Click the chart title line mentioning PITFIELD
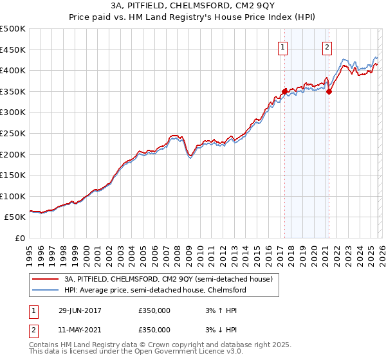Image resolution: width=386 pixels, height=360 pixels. (x=192, y=6)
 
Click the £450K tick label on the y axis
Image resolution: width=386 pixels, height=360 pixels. (x=13, y=50)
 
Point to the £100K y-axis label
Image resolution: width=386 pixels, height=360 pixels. (x=13, y=197)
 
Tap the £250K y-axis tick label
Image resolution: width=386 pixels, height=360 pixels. (x=13, y=134)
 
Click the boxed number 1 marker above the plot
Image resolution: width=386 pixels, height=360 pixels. (x=283, y=46)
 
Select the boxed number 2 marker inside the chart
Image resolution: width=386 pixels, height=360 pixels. (x=327, y=46)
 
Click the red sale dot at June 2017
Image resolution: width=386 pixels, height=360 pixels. (x=284, y=91)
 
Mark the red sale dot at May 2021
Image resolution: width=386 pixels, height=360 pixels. (x=329, y=91)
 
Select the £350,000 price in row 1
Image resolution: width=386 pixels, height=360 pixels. (x=154, y=310)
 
